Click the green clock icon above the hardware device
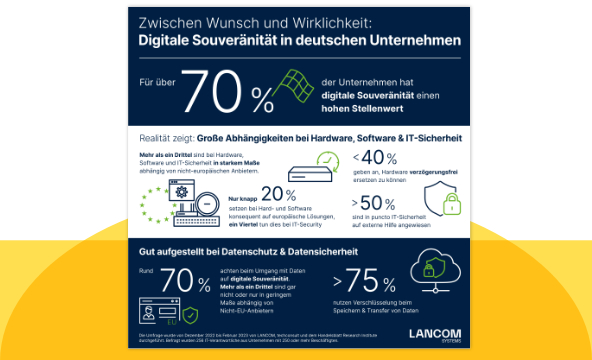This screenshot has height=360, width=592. click(x=327, y=159)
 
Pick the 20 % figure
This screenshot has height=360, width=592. click(x=276, y=196)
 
